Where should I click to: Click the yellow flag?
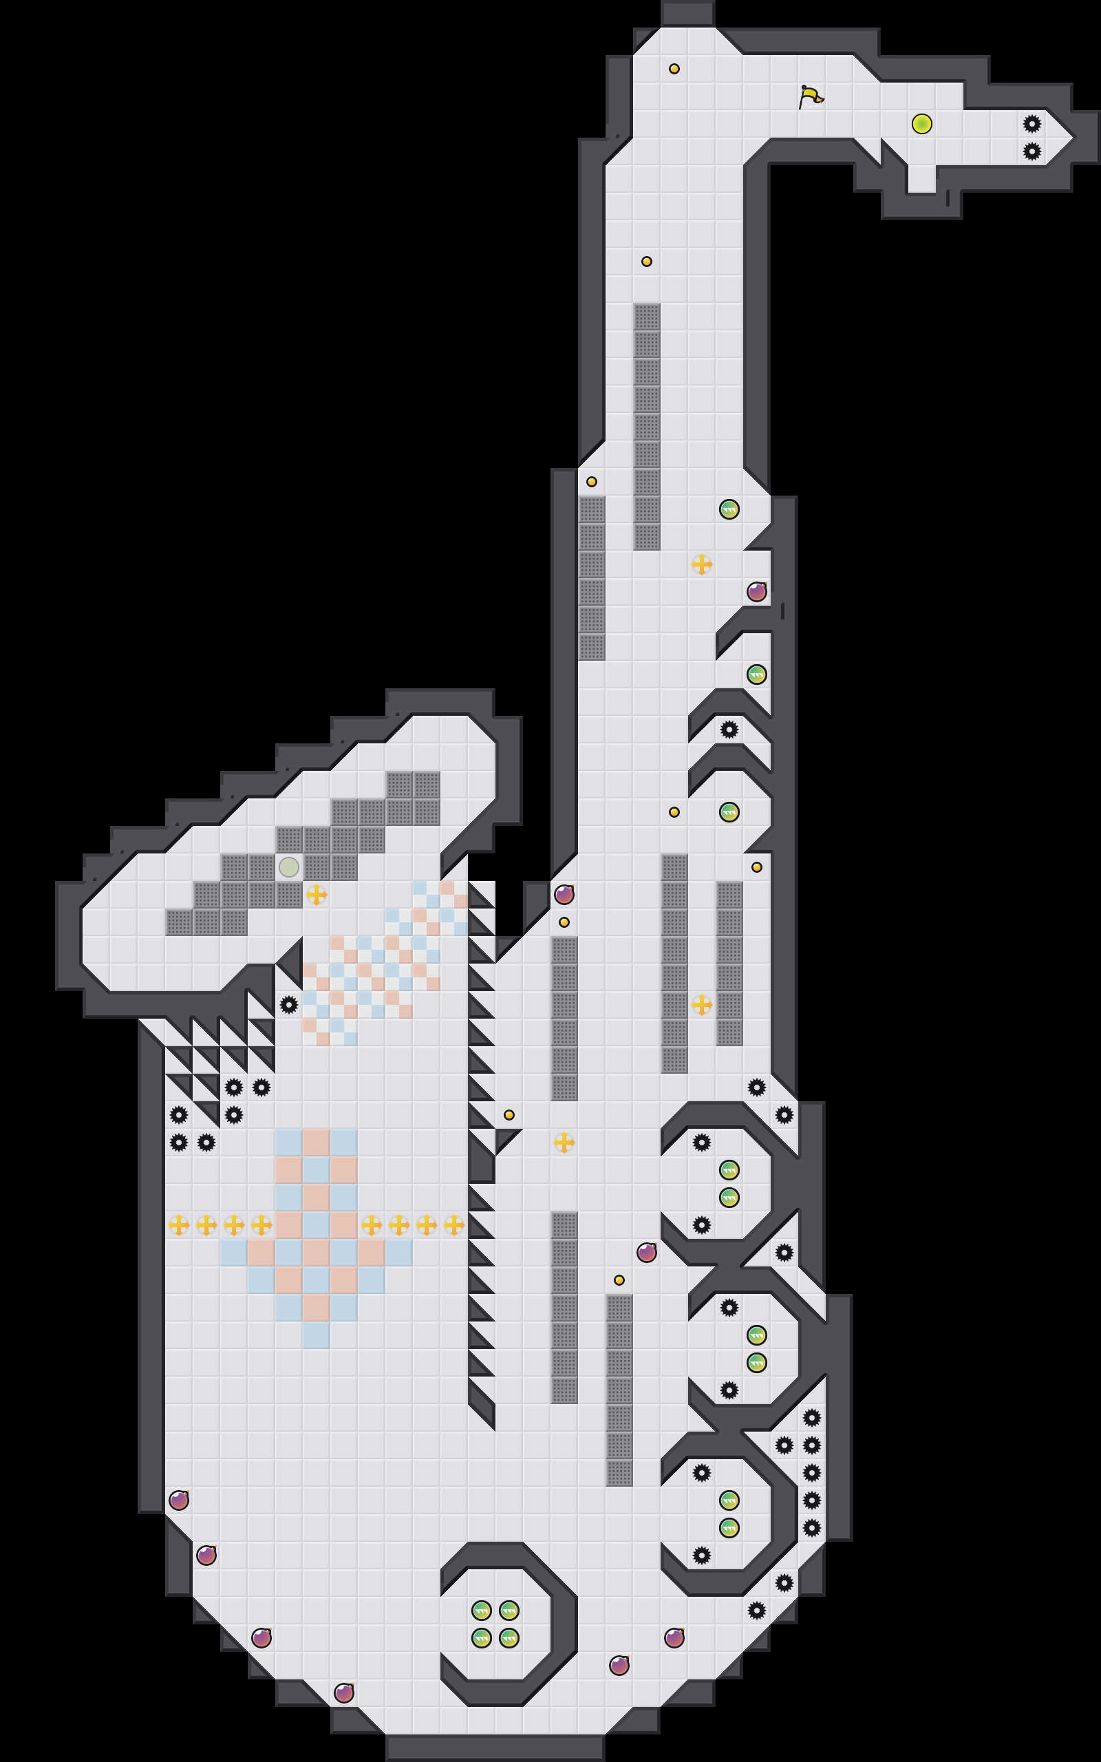tap(810, 96)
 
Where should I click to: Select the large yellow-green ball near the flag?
tap(922, 124)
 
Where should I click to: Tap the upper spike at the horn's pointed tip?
tap(1031, 124)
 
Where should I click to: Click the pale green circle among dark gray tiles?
tap(289, 867)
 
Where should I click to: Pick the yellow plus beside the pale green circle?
tap(316, 894)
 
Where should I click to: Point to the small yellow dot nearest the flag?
tap(674, 69)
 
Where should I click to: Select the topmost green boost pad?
tap(729, 509)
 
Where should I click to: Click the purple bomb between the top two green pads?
tap(756, 591)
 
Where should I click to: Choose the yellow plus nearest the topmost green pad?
tap(702, 564)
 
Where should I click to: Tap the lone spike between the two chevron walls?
tap(729, 729)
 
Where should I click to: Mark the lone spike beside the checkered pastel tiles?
tap(289, 1005)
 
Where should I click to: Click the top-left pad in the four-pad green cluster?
tap(481, 1610)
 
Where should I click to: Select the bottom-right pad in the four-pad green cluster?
tap(509, 1638)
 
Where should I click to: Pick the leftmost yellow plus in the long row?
tap(179, 1224)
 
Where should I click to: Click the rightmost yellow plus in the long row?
tap(454, 1224)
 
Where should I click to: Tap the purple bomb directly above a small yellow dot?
tap(564, 895)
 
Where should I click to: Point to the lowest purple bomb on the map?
tap(343, 1693)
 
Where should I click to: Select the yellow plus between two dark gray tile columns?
tap(702, 1005)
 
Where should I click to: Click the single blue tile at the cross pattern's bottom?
tap(316, 1335)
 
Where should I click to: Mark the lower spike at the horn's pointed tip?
tap(1031, 151)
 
